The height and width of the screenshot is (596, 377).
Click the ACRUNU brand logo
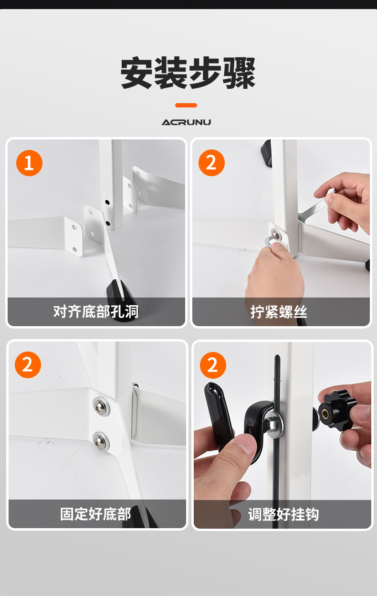[186, 122]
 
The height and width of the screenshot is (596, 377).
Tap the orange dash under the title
[186, 106]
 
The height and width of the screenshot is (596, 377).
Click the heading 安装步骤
[188, 73]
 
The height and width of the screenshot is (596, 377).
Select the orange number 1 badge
[29, 163]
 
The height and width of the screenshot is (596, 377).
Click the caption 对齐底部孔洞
[96, 311]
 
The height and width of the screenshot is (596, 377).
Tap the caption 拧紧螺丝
[279, 312]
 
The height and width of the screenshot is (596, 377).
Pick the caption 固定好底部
[95, 514]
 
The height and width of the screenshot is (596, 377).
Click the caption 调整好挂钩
[283, 514]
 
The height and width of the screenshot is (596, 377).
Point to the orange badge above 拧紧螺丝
[211, 162]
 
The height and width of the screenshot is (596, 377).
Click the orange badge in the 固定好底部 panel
[28, 364]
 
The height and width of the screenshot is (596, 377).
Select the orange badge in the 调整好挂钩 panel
[213, 365]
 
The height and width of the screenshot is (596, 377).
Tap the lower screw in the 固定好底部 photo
[101, 441]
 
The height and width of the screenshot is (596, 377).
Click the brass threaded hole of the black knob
[325, 413]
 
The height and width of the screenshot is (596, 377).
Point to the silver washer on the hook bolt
[274, 424]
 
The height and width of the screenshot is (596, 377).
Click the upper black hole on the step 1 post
[107, 202]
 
